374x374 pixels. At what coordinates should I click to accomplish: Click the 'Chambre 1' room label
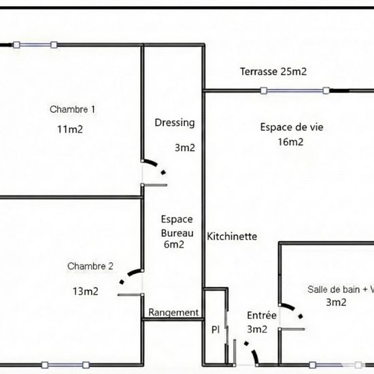pos(73,109)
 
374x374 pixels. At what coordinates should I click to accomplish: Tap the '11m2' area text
pos(70,129)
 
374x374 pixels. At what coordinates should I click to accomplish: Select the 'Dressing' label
pos(175,123)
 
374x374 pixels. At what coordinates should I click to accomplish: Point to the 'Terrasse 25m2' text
pos(272,71)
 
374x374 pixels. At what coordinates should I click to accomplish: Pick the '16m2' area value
pos(290,142)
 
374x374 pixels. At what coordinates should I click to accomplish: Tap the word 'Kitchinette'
pos(232,237)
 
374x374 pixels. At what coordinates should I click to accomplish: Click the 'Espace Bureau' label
pos(177,226)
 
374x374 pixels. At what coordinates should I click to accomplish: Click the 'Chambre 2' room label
pos(90,266)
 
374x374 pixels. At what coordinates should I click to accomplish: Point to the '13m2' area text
pos(86,291)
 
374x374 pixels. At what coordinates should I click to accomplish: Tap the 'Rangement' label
pos(173,313)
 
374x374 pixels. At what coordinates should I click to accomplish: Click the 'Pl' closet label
pos(215,330)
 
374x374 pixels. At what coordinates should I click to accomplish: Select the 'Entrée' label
pos(262,316)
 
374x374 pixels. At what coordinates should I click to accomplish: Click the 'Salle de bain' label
pos(336,289)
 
